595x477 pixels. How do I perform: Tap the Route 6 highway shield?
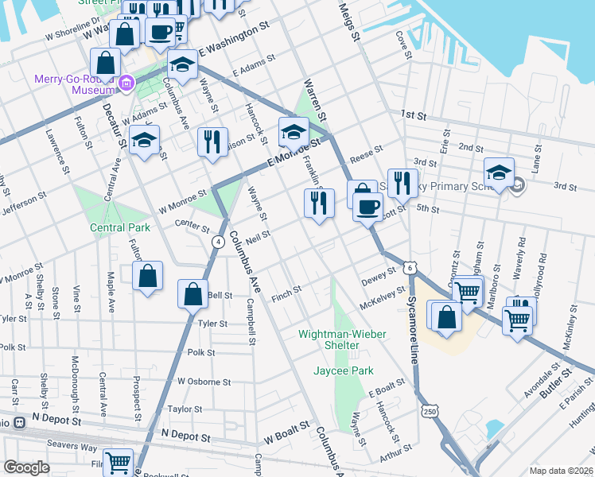[408, 270]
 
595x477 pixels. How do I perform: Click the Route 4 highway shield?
[217, 241]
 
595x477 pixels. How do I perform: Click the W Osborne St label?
[204, 382]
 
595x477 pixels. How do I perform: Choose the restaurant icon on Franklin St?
[319, 202]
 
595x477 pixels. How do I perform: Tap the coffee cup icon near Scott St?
[367, 207]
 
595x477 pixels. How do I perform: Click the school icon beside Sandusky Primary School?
[499, 173]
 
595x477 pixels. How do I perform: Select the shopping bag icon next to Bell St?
[193, 293]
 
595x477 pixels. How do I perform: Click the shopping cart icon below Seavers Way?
[119, 460]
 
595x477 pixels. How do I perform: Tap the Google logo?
[26, 467]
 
